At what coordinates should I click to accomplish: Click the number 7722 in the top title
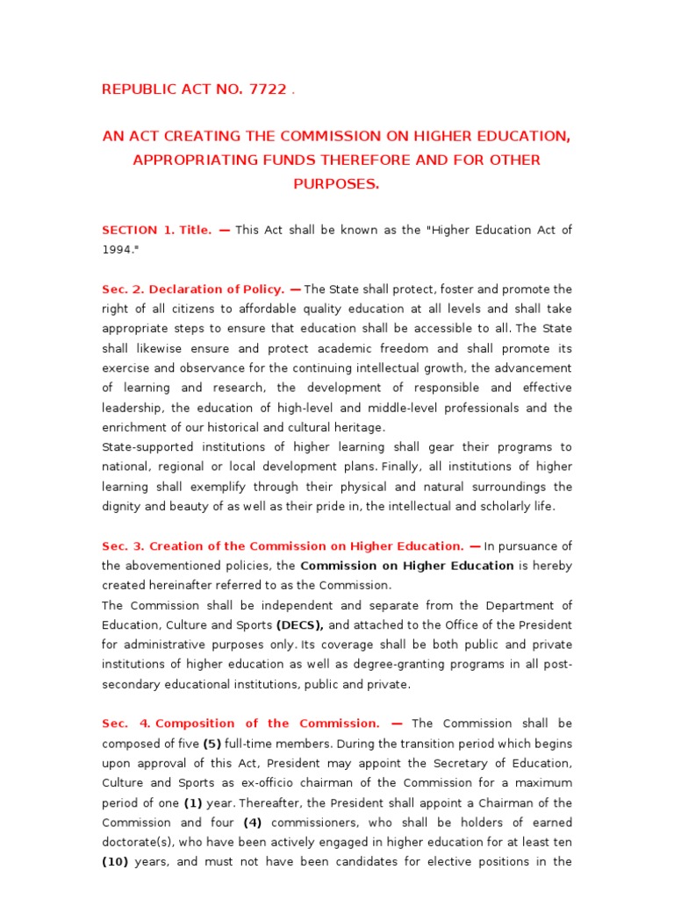267,89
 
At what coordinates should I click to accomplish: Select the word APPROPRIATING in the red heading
186,160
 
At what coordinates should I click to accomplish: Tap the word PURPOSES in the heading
336,183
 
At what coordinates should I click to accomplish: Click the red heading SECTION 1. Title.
157,230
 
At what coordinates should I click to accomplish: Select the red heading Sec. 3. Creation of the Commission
283,545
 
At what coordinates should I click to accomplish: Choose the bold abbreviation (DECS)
300,624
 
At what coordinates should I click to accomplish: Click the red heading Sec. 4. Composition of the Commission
241,723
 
